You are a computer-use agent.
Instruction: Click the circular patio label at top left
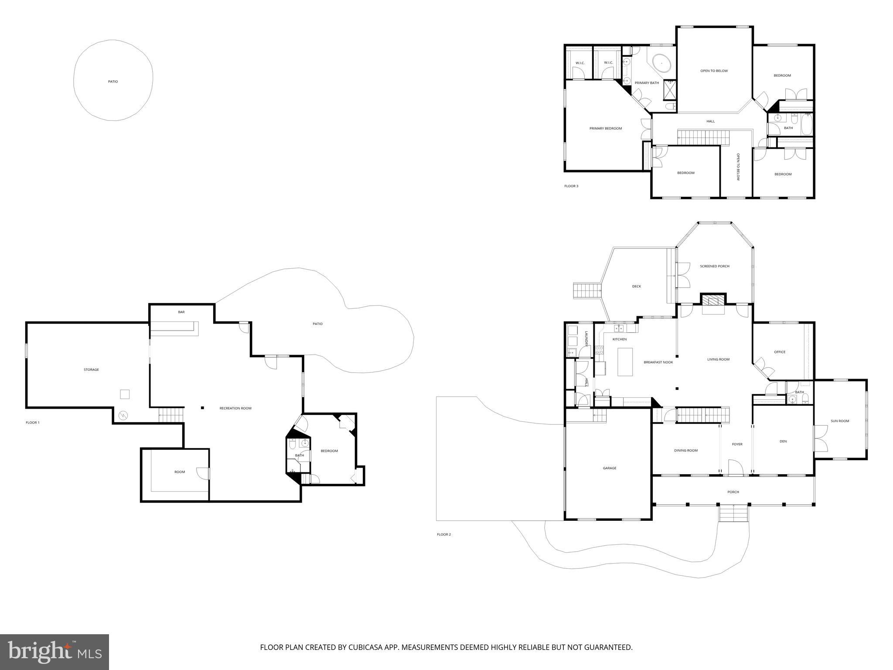(113, 82)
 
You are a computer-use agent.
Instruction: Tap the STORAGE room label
(91, 369)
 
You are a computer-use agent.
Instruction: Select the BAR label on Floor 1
(181, 312)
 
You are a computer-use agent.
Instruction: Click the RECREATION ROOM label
(235, 408)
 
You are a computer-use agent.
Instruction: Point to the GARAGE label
(609, 468)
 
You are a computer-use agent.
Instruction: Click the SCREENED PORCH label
(714, 266)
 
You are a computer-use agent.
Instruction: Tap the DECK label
(636, 286)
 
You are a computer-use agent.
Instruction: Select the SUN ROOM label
(839, 421)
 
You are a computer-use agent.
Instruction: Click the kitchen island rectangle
(625, 362)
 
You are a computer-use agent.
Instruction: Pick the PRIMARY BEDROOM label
(605, 128)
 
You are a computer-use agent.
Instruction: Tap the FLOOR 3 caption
(571, 186)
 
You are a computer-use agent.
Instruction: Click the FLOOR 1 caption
(32, 422)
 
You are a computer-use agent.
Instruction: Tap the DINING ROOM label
(685, 451)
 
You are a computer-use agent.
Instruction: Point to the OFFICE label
(779, 352)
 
